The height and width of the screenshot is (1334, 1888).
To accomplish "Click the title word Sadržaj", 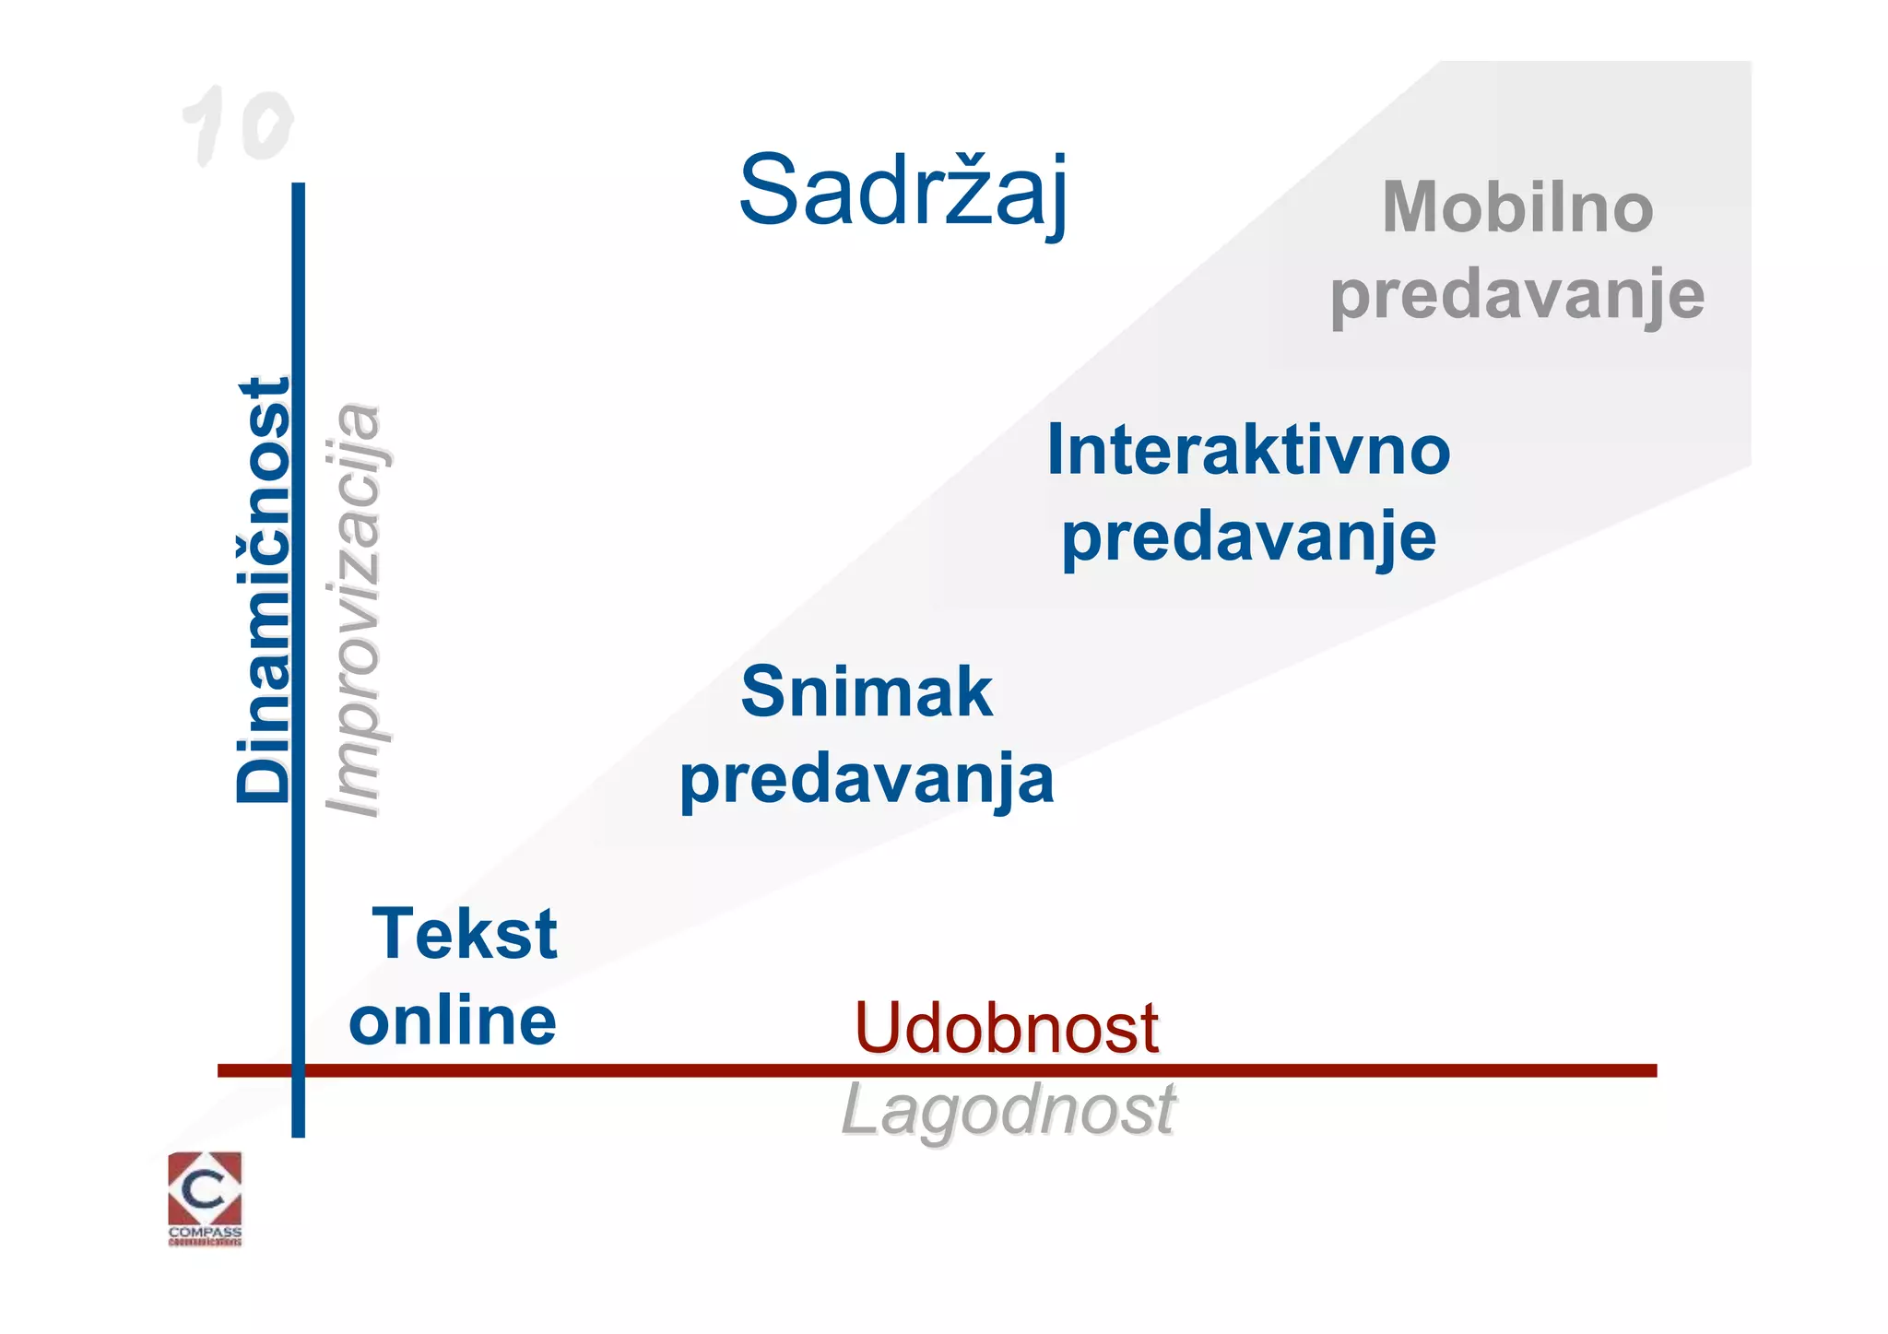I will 903,191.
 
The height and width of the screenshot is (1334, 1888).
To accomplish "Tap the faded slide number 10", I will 238,125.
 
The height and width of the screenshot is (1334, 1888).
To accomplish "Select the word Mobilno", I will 1517,207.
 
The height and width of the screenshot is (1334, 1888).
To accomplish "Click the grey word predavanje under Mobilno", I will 1517,295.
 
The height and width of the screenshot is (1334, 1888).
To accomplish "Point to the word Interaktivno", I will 1248,451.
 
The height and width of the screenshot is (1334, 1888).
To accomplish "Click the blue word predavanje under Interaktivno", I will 1248,537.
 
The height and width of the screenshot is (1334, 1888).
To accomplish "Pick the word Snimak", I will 867,692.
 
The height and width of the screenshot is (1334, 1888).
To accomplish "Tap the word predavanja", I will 867,779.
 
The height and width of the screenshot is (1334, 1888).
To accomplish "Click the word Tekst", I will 465,934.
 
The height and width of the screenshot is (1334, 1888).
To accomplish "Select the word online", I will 453,1021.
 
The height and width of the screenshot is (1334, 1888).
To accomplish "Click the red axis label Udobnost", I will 1006,1028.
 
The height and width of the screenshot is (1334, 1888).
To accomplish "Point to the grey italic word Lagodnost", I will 1009,1110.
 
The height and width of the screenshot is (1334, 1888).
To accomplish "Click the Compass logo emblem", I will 205,1188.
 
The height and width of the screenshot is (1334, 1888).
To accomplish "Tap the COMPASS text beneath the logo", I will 205,1232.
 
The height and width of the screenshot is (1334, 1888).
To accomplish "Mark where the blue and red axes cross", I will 298,1070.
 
